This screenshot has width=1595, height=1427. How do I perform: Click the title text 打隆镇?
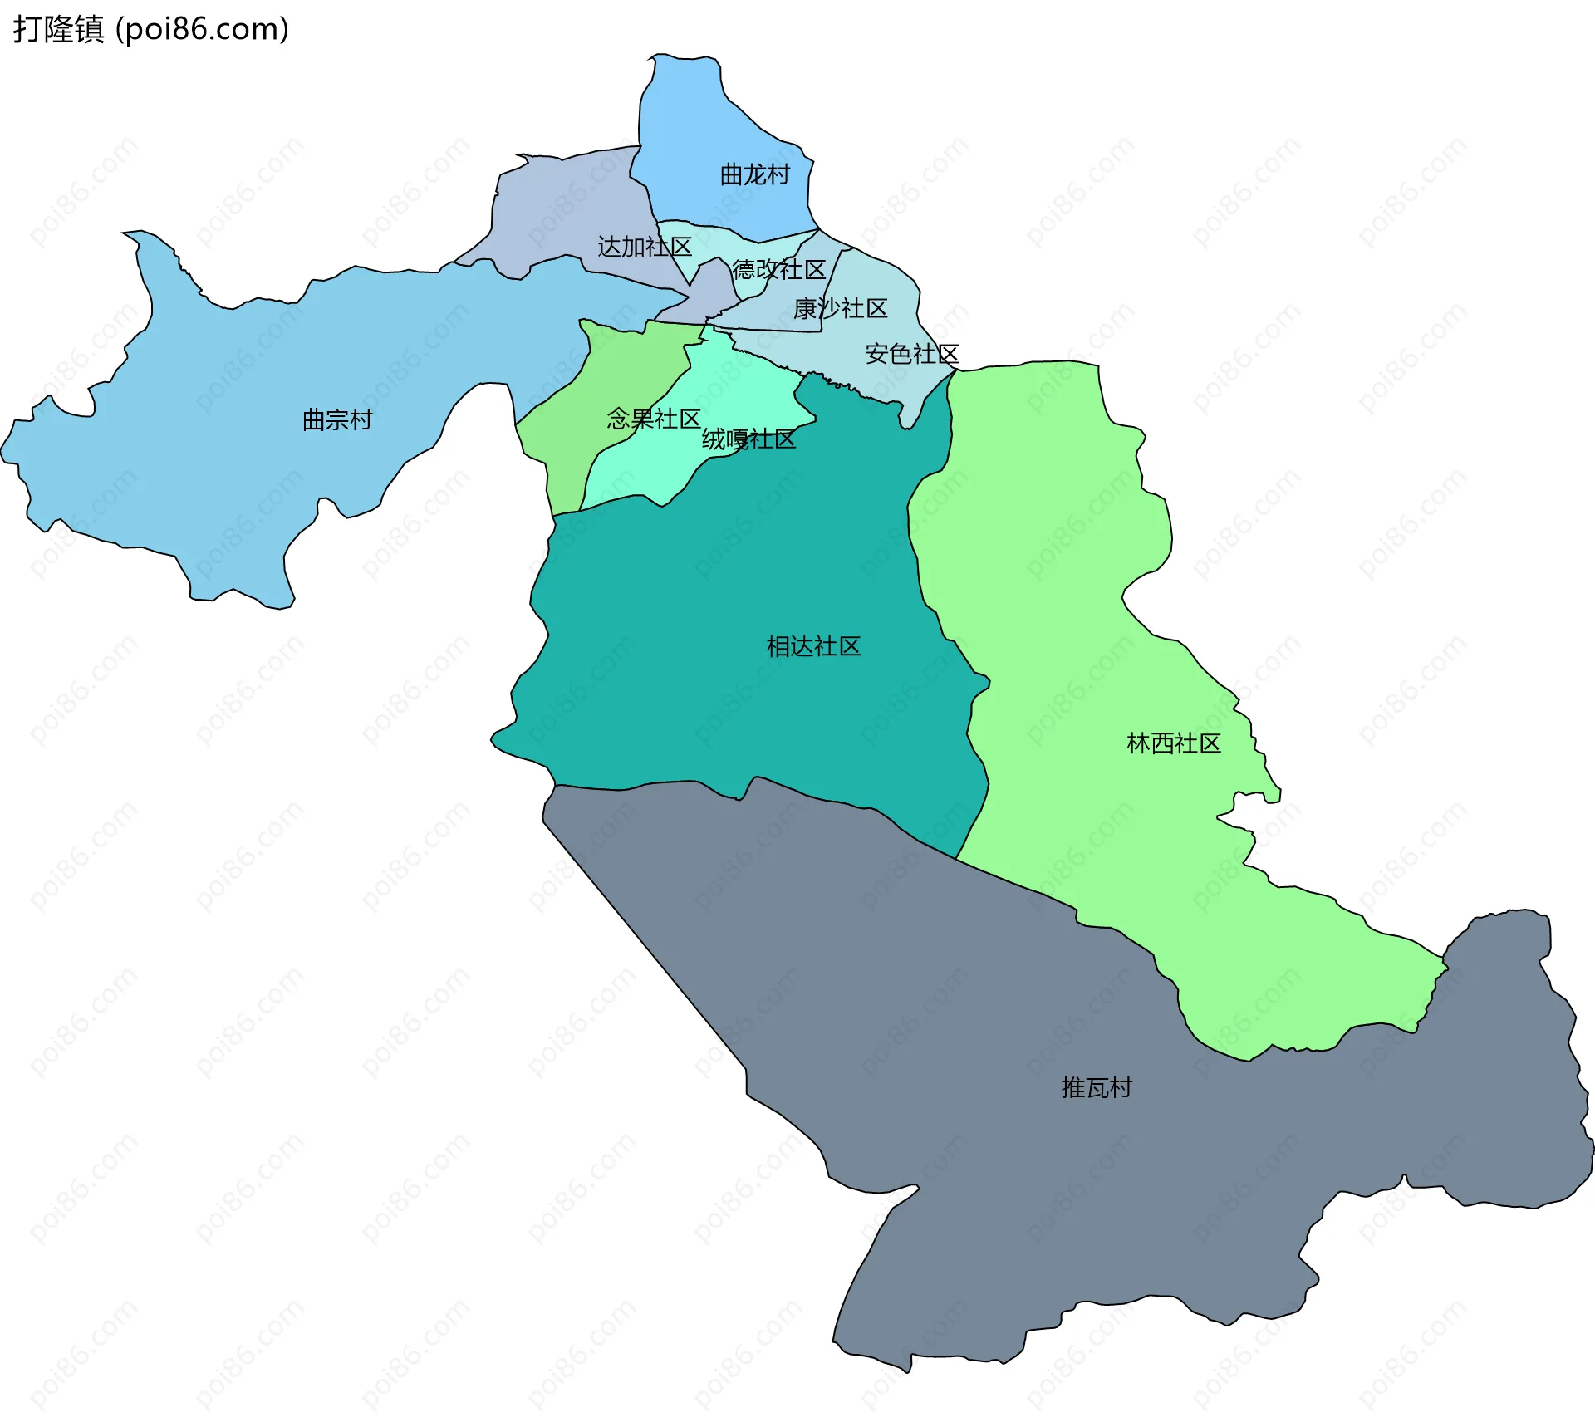58,29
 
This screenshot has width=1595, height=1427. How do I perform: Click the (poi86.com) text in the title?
202,29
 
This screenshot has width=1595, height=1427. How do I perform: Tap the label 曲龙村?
754,174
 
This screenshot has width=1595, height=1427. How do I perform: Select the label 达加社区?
645,247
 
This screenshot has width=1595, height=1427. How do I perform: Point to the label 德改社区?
778,269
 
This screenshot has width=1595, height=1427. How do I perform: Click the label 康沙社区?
840,308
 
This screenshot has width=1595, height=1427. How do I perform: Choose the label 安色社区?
911,354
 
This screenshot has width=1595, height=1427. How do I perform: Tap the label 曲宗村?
337,419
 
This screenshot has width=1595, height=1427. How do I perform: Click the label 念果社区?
653,419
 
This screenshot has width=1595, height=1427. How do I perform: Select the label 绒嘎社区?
748,439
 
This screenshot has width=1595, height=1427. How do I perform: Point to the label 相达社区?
813,646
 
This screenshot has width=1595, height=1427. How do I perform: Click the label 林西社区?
1173,743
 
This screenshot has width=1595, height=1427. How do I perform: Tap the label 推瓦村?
1097,1088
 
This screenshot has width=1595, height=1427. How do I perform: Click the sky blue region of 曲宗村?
208,465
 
